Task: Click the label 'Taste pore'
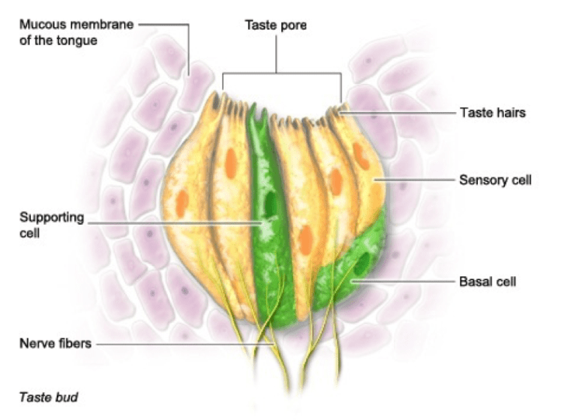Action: pyautogui.click(x=276, y=25)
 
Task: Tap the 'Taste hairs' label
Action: pyautogui.click(x=490, y=113)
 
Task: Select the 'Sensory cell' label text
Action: pyautogui.click(x=494, y=180)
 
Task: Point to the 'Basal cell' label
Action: pyautogui.click(x=487, y=281)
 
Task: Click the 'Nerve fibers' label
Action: pyautogui.click(x=54, y=342)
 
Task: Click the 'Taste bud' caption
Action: pyautogui.click(x=48, y=397)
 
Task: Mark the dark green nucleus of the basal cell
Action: pyautogui.click(x=362, y=262)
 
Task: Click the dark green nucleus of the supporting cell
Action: pyautogui.click(x=271, y=204)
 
